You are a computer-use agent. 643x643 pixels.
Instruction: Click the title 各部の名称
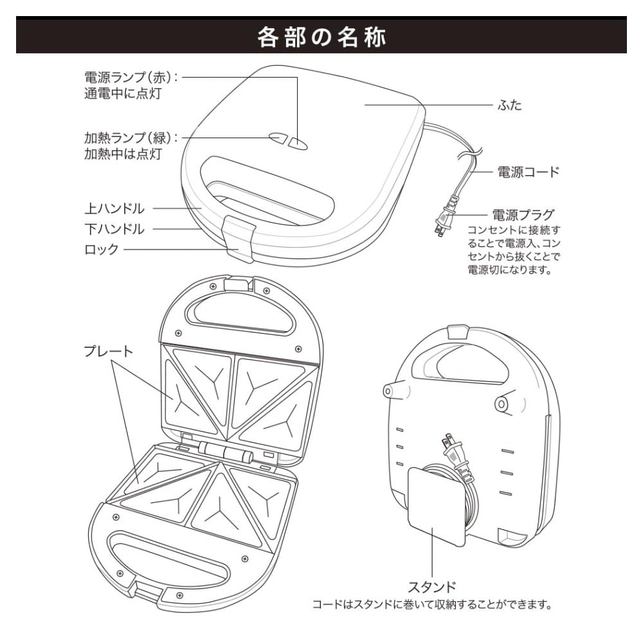click(x=321, y=37)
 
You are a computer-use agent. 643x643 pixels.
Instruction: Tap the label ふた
click(x=510, y=105)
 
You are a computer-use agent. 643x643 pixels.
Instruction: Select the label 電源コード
click(x=529, y=172)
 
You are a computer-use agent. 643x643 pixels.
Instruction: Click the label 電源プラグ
click(x=523, y=214)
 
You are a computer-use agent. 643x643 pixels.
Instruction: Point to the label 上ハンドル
click(x=114, y=209)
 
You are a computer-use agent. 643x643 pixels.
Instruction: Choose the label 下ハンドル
click(x=114, y=229)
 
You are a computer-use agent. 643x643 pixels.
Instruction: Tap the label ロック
click(x=102, y=249)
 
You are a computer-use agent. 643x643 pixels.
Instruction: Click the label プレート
click(x=108, y=351)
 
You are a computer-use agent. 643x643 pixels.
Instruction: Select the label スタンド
click(x=432, y=586)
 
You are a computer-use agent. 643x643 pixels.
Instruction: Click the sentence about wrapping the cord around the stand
click(x=432, y=605)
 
